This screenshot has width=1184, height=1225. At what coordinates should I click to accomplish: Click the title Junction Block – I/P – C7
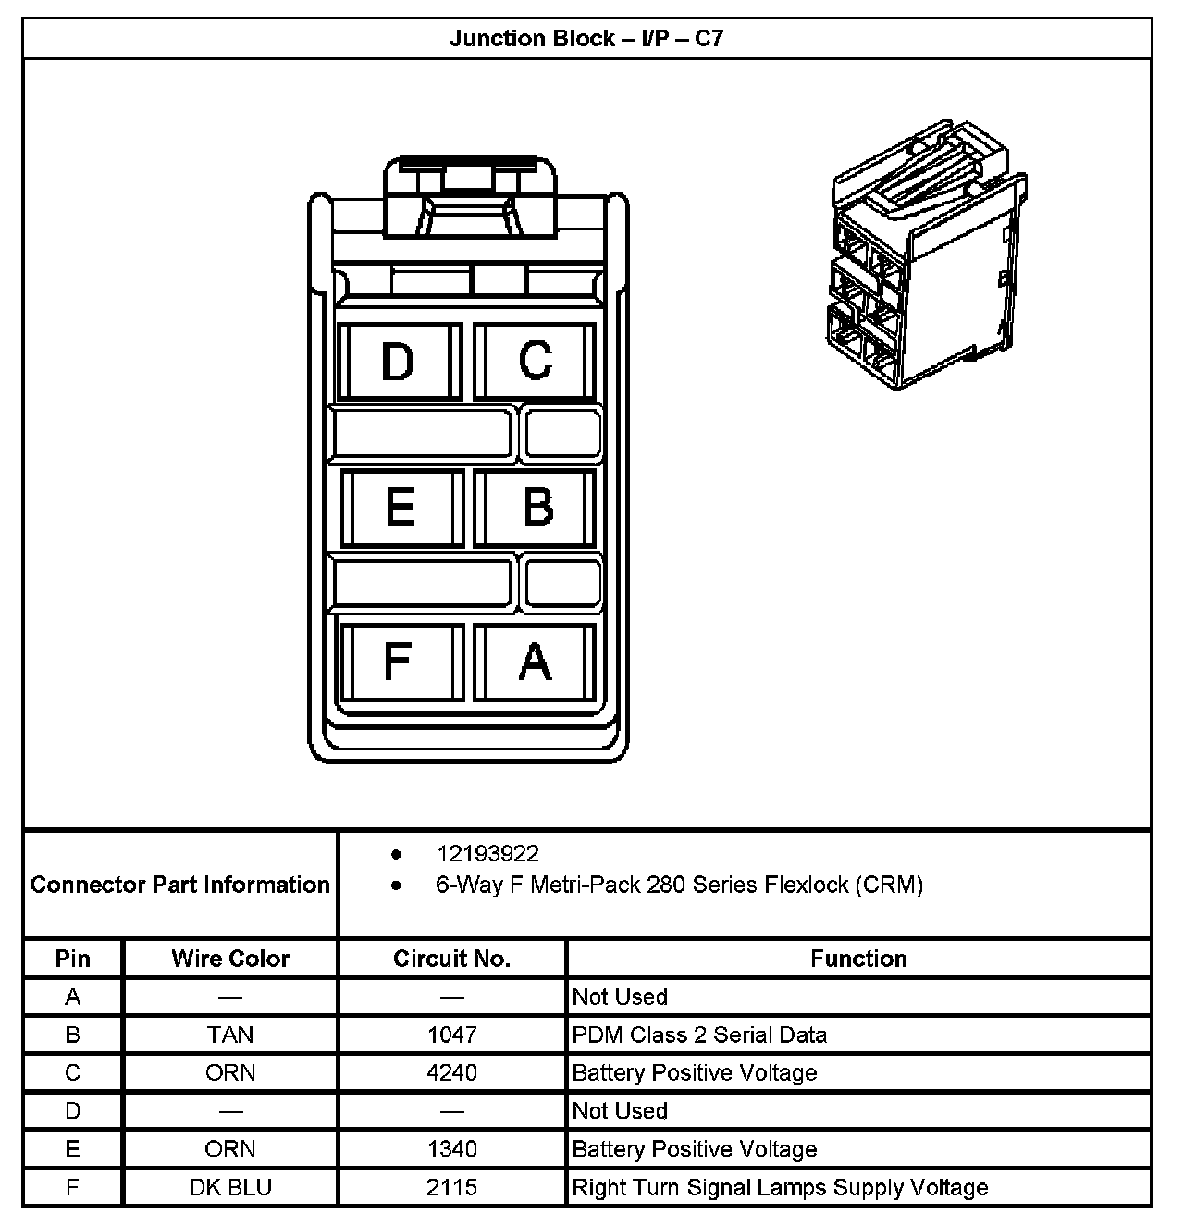[586, 39]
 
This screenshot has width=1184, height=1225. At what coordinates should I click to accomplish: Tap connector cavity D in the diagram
[400, 361]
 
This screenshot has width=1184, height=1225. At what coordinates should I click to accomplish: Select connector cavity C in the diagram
[535, 361]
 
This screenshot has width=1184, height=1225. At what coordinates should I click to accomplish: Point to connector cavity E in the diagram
[401, 508]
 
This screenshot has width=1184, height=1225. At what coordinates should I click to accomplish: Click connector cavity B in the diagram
[536, 508]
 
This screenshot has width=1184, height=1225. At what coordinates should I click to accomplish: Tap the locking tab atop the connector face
[470, 199]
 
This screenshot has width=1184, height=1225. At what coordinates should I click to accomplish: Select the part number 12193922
[487, 853]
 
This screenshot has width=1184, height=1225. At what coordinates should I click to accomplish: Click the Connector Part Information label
[180, 885]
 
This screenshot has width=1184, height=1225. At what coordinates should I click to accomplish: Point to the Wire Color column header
[230, 959]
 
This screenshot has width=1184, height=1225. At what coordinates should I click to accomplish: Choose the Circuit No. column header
[451, 959]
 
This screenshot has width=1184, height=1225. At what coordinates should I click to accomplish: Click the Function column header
[858, 959]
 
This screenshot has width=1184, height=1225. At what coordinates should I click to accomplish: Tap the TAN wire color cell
[230, 1034]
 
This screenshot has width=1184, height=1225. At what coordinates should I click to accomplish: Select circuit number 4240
[451, 1072]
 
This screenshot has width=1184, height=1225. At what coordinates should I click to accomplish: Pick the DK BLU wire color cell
[230, 1187]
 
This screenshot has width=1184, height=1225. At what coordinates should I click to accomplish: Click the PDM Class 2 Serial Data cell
[699, 1034]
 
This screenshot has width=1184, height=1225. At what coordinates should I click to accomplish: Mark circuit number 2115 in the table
[451, 1187]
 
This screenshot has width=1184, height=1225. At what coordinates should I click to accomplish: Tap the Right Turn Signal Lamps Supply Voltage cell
[780, 1187]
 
